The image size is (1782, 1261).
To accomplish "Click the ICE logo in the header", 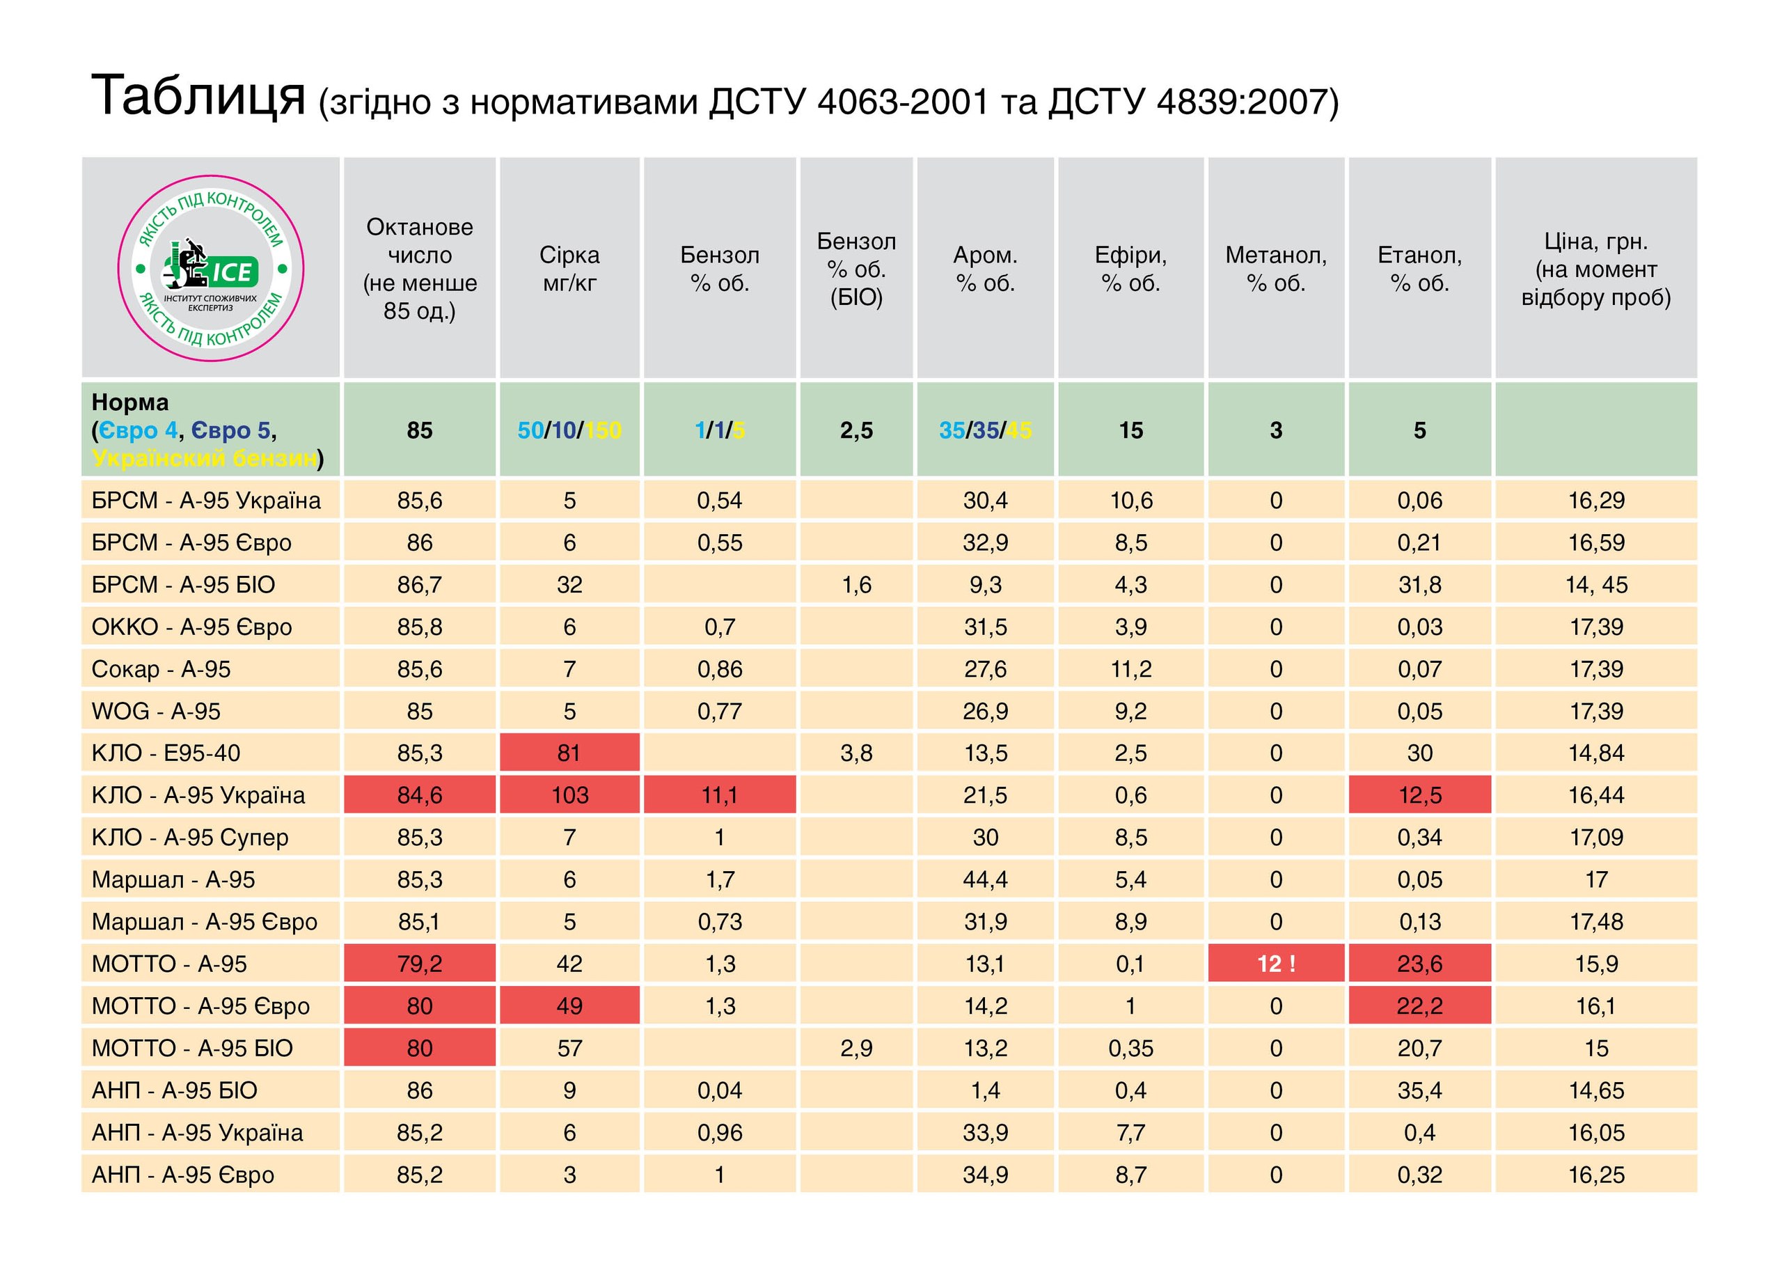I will tap(210, 269).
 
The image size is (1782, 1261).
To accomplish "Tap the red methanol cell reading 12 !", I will tap(1276, 964).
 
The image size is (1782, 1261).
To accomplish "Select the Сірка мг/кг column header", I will tap(569, 269).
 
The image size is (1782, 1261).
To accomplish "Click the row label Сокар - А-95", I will tap(161, 668).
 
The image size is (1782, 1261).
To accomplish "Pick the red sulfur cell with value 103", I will tap(569, 795).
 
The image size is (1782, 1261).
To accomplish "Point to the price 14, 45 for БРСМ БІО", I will tap(1595, 585).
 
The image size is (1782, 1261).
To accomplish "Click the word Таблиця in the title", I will tap(198, 96).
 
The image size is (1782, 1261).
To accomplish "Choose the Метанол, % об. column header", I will tap(1276, 269).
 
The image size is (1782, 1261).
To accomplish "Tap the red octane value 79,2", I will tap(419, 964).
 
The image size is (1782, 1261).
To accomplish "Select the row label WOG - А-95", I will tap(156, 711).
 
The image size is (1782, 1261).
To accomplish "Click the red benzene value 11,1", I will tap(720, 795).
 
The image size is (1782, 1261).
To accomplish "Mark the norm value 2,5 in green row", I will tap(856, 430).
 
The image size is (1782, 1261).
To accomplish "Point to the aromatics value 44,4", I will tap(985, 879).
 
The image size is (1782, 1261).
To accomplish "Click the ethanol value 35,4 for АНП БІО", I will tap(1419, 1090).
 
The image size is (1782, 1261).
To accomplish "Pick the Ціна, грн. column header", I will tap(1595, 269).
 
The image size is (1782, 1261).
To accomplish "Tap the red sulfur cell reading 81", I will tap(569, 753).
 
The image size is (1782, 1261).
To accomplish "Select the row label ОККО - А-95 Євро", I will tap(191, 627).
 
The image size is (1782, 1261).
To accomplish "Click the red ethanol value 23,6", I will tap(1419, 964).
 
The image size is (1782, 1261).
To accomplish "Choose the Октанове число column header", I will tap(419, 269).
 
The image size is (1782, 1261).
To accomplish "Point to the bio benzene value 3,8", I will tap(856, 753).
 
